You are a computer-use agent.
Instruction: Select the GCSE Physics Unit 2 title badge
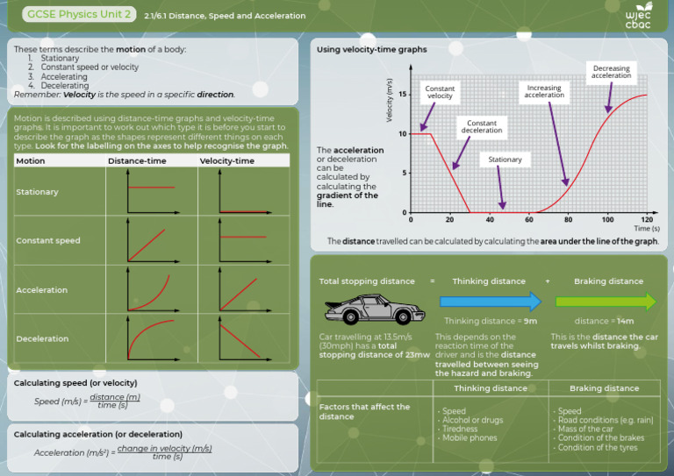[x=80, y=15]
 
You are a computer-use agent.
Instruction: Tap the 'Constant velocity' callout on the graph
[x=440, y=92]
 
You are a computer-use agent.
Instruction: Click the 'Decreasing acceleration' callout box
[x=611, y=72]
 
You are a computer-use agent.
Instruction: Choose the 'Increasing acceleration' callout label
[x=544, y=91]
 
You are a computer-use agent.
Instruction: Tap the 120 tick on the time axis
[x=647, y=219]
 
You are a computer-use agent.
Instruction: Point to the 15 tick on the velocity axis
[x=402, y=95]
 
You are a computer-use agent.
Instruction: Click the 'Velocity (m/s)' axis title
[x=389, y=99]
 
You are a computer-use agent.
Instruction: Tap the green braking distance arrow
[x=606, y=302]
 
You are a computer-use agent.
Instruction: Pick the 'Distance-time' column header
[x=137, y=160]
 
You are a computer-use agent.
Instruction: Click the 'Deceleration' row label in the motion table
[x=41, y=338]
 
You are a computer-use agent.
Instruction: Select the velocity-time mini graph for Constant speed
[x=242, y=240]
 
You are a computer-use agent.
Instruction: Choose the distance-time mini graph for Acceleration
[x=151, y=289]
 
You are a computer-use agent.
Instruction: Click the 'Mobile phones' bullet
[x=469, y=437]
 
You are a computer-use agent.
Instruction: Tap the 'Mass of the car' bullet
[x=584, y=429]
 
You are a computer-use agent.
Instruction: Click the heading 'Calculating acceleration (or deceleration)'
[x=98, y=434]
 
